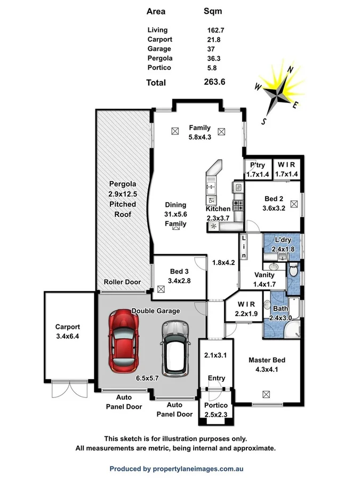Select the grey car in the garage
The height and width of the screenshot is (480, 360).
(x=175, y=347)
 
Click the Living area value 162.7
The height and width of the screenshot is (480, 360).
(x=216, y=30)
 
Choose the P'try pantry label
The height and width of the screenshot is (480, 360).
(x=258, y=165)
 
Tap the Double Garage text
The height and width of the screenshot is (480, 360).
(x=156, y=310)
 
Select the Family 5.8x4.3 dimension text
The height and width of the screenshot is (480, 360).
(x=199, y=137)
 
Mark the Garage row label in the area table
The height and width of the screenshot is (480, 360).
(x=159, y=49)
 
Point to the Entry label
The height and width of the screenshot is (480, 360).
(x=217, y=378)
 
